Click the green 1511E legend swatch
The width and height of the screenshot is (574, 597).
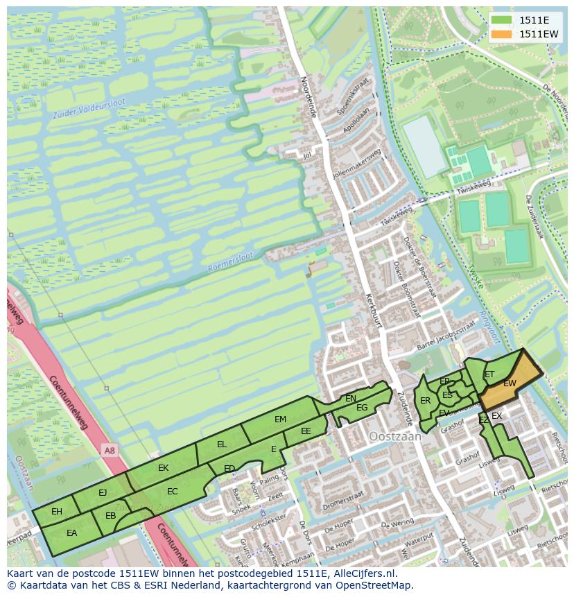pyautogui.click(x=502, y=20)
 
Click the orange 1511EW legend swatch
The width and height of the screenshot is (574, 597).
pyautogui.click(x=502, y=34)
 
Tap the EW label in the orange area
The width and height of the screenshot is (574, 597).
pyautogui.click(x=510, y=383)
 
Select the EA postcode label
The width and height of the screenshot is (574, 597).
pyautogui.click(x=71, y=533)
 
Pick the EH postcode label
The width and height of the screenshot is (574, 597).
pyautogui.click(x=57, y=512)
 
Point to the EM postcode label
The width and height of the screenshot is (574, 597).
pyautogui.click(x=280, y=419)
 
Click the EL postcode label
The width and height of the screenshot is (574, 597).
pyautogui.click(x=222, y=444)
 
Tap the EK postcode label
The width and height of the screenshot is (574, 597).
pyautogui.click(x=163, y=468)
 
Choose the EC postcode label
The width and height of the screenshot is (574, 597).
pyautogui.click(x=173, y=492)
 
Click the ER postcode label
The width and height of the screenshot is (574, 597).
pyautogui.click(x=426, y=401)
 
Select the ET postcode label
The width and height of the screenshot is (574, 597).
pyautogui.click(x=489, y=374)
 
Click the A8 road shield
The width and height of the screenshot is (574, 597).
pyautogui.click(x=109, y=451)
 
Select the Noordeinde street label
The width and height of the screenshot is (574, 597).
pyautogui.click(x=307, y=96)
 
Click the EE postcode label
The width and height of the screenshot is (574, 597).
pyautogui.click(x=306, y=431)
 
